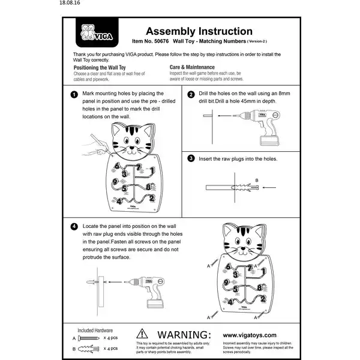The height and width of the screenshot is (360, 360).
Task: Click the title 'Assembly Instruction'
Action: [191, 31]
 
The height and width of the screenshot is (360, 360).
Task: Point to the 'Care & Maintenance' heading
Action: [192, 67]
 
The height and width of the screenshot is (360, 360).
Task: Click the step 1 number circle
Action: [73, 95]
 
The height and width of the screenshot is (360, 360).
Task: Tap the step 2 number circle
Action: [191, 95]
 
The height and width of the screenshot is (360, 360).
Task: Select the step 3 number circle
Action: [191, 159]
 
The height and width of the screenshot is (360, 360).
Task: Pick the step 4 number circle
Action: [73, 227]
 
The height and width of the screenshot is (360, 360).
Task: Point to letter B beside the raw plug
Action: [256, 180]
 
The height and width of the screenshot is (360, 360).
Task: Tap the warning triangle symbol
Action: [142, 333]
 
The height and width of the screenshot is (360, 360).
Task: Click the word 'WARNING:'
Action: [183, 334]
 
